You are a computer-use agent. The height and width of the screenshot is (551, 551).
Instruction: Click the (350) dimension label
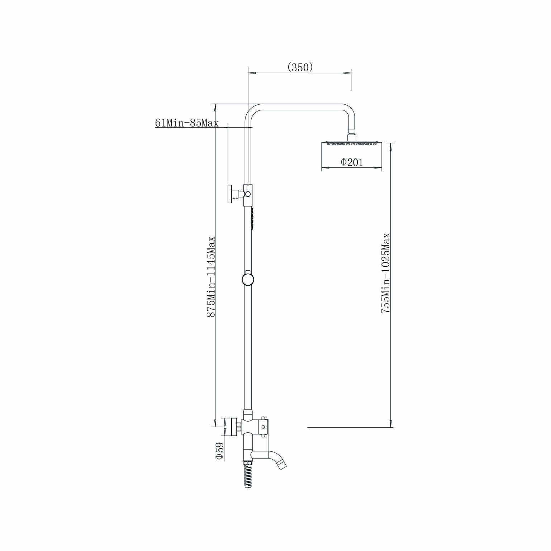point(300,67)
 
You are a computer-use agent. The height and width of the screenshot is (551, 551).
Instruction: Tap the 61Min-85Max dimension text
point(186,123)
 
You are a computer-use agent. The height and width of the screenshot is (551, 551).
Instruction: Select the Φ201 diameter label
point(351,162)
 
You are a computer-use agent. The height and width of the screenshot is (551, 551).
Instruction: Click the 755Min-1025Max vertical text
point(386,274)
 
